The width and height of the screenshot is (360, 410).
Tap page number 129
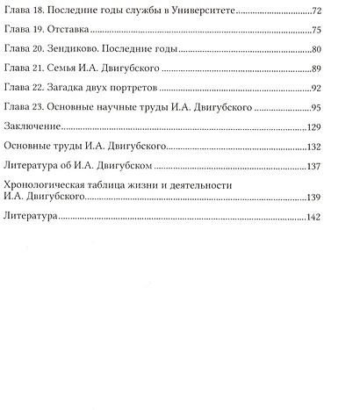click(314, 128)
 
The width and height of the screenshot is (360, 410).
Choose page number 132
click(314, 147)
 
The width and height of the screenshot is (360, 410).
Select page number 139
click(314, 198)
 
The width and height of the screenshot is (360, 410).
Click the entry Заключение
click(32, 128)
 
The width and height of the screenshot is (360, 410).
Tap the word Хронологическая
click(47, 185)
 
